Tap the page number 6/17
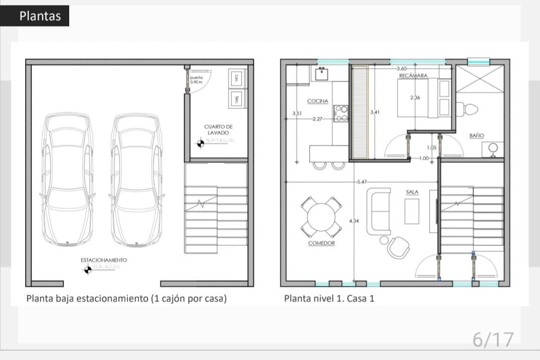pos(493,339)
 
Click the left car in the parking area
pos(68,179)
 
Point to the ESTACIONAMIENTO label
pos(104,260)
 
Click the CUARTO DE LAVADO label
pos(218,130)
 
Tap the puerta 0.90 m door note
pos(197,80)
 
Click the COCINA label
pos(317,101)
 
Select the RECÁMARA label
pos(413,76)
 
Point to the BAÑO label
pos(476,135)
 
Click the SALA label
pos(412,192)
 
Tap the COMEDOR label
pos(321,243)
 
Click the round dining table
pos(321,217)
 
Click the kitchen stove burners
pos(341,113)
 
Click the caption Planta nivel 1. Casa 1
pos(329,298)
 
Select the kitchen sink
pos(321,74)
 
